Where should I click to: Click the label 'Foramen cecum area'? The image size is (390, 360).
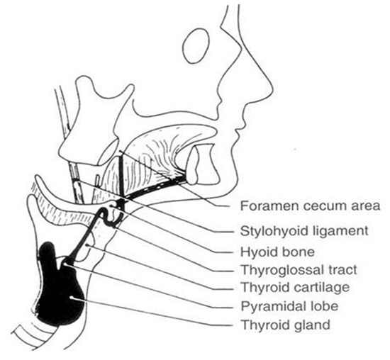point(310,206)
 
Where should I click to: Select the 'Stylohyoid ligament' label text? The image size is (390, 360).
point(304,232)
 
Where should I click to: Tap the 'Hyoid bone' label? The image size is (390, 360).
point(278,252)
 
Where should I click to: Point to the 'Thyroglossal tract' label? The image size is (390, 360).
point(299,270)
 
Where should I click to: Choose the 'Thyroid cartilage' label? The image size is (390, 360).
point(296,288)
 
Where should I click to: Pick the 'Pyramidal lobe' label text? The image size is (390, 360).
point(289,306)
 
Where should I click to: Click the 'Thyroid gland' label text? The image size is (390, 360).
point(286,325)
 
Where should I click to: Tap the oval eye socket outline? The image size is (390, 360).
point(196,46)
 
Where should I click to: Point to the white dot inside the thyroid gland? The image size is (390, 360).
point(72,297)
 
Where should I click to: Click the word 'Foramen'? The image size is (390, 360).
point(269,206)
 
